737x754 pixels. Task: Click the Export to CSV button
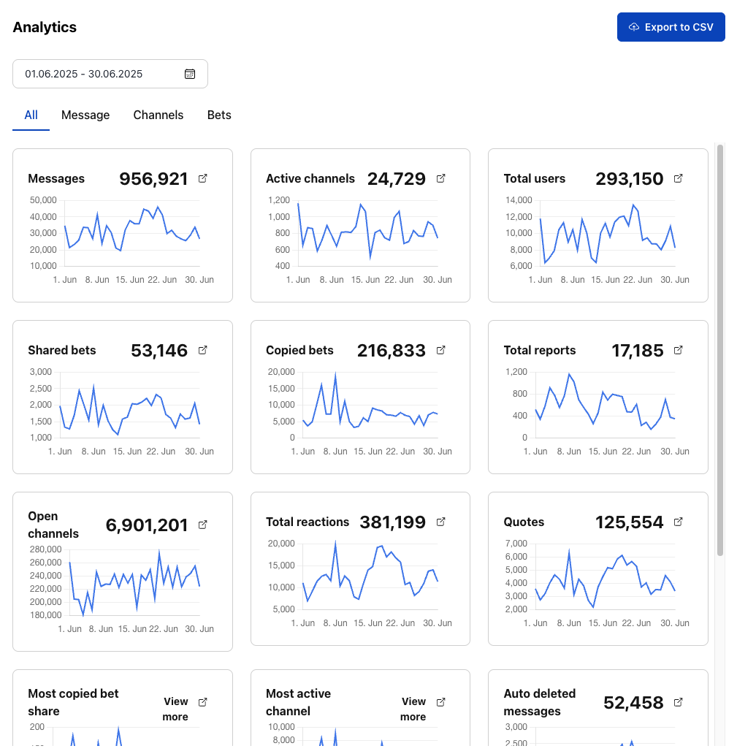pyautogui.click(x=671, y=27)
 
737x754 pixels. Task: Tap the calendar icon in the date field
pyautogui.click(x=190, y=74)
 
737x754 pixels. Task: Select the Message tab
pyautogui.click(x=85, y=115)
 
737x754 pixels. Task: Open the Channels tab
pyautogui.click(x=159, y=115)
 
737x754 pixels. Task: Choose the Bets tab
pyautogui.click(x=219, y=115)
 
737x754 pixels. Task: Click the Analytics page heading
pyautogui.click(x=45, y=27)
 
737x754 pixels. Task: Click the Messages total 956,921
pyautogui.click(x=153, y=179)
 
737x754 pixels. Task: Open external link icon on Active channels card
pyautogui.click(x=440, y=178)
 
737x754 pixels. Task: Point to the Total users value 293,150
pyautogui.click(x=629, y=179)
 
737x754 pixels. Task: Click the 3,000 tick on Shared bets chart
pyautogui.click(x=40, y=372)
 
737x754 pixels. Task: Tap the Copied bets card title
pyautogui.click(x=299, y=351)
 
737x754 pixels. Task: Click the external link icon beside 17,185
pyautogui.click(x=678, y=350)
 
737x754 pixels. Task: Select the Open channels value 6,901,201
pyautogui.click(x=147, y=525)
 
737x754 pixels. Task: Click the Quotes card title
pyautogui.click(x=524, y=522)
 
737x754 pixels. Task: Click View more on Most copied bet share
pyautogui.click(x=175, y=709)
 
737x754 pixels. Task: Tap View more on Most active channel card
pyautogui.click(x=413, y=709)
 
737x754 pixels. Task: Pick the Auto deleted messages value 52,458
pyautogui.click(x=633, y=703)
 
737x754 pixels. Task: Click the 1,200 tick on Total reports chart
pyautogui.click(x=516, y=372)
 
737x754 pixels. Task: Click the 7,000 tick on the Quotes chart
pyautogui.click(x=516, y=544)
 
